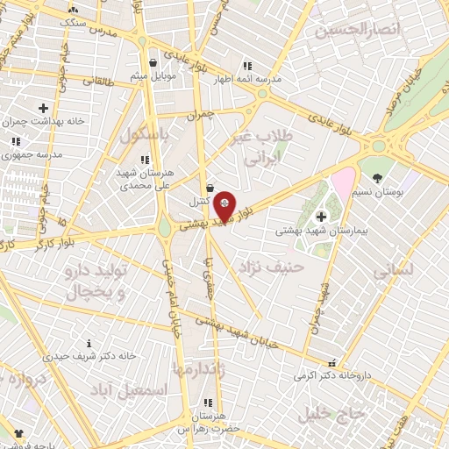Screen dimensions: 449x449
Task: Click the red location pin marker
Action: [x=225, y=205]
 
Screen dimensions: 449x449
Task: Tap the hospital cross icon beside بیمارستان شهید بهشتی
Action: [x=321, y=217]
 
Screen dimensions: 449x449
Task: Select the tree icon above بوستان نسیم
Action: [x=377, y=178]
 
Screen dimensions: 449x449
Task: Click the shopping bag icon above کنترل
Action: [x=210, y=188]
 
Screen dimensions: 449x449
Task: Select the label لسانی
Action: [x=392, y=272]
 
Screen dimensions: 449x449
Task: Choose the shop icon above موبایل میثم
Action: [x=153, y=63]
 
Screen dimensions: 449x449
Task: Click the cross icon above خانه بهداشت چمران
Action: [x=43, y=108]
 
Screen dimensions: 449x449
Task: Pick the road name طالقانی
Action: [x=98, y=82]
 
